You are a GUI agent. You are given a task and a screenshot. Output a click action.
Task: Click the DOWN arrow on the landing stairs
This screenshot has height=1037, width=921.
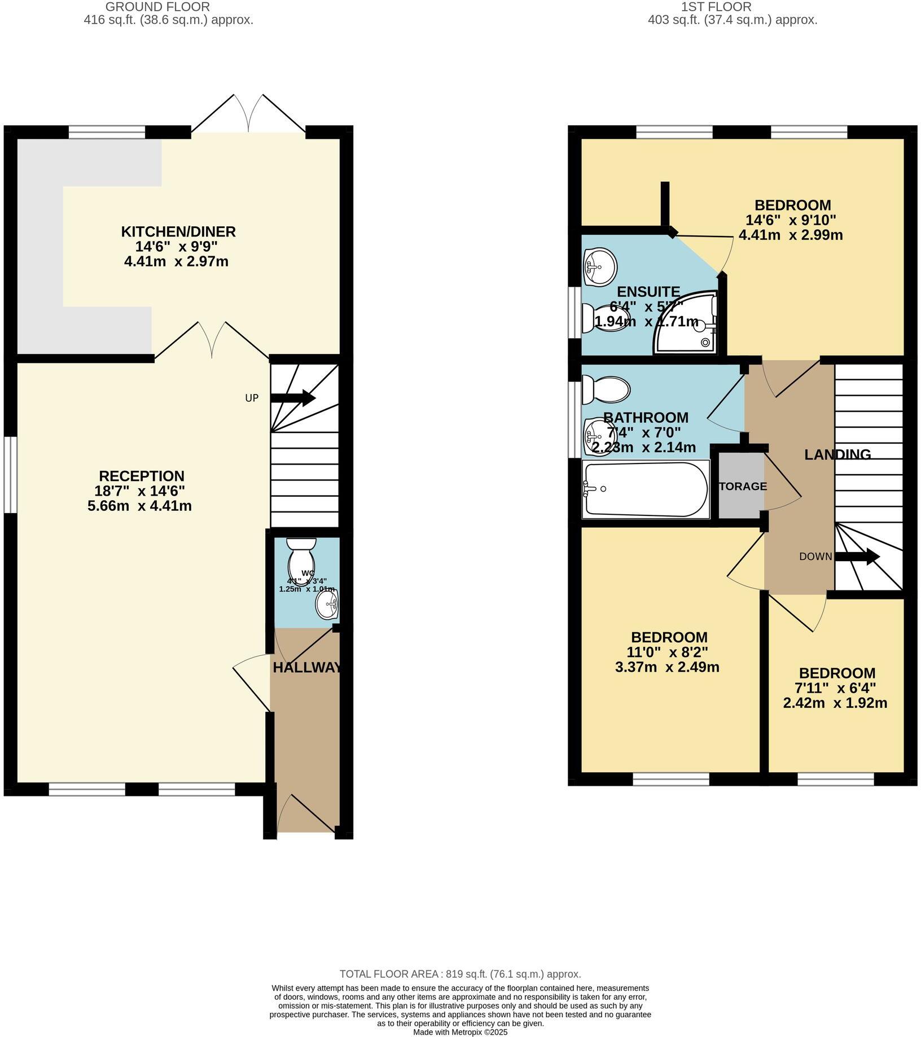(857, 557)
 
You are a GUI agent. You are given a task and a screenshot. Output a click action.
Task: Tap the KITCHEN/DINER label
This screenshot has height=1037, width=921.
(178, 231)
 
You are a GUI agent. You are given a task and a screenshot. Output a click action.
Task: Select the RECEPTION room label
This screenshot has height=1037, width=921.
(142, 476)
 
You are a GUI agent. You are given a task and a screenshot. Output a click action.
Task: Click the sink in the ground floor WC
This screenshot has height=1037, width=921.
(327, 605)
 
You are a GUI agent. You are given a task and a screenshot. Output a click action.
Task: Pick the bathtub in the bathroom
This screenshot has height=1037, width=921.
(646, 489)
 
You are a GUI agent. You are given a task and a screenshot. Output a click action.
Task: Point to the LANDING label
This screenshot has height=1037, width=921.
(837, 454)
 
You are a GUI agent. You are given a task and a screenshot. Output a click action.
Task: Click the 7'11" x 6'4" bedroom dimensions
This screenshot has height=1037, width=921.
(837, 688)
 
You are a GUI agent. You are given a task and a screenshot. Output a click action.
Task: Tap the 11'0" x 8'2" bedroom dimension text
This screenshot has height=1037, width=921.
(669, 653)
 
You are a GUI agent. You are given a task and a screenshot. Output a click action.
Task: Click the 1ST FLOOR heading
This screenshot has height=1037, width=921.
(716, 7)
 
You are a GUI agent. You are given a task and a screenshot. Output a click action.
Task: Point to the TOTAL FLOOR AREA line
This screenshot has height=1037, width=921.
(460, 974)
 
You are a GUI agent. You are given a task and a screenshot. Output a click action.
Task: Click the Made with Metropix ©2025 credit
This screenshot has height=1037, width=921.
(460, 1032)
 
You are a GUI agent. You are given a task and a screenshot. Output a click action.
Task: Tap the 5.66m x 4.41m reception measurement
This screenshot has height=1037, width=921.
(139, 506)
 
